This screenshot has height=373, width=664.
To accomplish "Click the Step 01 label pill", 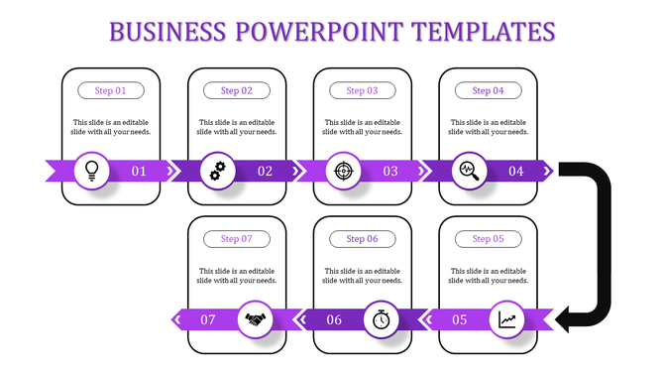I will click(111, 90).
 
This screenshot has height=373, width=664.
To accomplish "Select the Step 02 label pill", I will click(237, 90).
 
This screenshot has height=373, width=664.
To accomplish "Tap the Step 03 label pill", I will click(363, 90).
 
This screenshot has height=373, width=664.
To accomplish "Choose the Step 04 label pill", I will click(489, 90).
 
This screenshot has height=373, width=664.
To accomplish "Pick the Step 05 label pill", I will click(489, 239).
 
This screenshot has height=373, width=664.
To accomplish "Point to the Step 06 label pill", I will click(363, 239).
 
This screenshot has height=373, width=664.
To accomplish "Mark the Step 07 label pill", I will click(237, 239).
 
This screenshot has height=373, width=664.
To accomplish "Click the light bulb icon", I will click(92, 171).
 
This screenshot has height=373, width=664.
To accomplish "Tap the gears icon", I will click(218, 171).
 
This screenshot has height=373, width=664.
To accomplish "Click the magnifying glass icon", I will click(469, 171).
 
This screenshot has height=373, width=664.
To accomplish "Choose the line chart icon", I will click(507, 319).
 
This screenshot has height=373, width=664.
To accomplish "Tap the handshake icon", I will click(256, 319).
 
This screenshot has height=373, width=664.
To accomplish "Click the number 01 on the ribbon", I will click(139, 172).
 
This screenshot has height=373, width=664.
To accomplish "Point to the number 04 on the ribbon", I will click(516, 172).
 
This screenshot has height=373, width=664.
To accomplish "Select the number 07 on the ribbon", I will click(208, 319).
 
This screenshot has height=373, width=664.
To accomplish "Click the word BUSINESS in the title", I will click(166, 32).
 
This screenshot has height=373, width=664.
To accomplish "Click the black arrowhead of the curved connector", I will click(568, 319).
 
